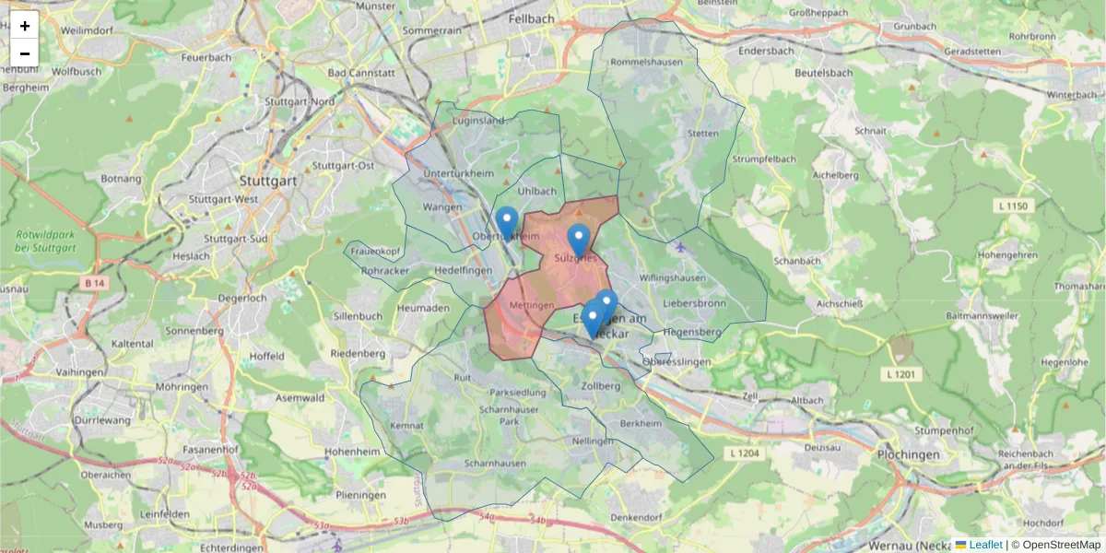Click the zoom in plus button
point(25,26)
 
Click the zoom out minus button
point(25,53)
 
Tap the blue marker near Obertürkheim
point(506,222)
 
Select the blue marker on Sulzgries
point(578,240)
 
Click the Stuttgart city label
point(267,181)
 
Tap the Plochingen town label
point(909,454)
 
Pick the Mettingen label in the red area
point(532,305)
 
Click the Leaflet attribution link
point(985,545)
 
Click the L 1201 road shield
point(904,373)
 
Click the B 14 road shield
point(92,282)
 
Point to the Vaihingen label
point(78,372)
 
